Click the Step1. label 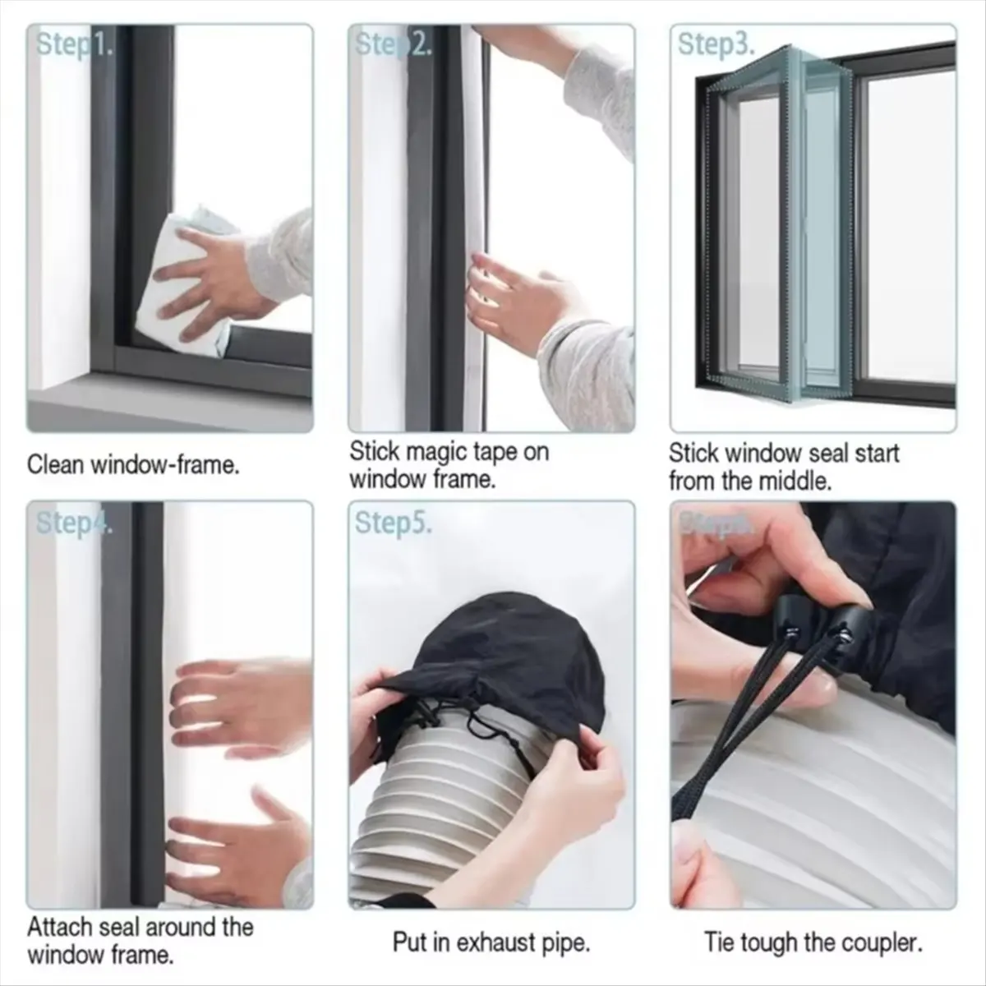tap(74, 45)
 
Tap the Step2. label tap(393, 45)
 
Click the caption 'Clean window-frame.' tap(133, 465)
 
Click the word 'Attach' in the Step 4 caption tap(60, 927)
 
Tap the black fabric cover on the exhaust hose tap(493, 649)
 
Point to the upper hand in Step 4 tap(238, 698)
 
